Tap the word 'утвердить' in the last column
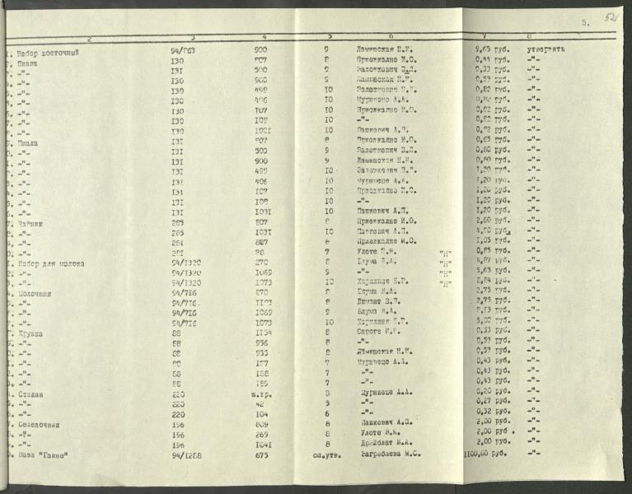coord(546,49)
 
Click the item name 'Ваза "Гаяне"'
coord(41,454)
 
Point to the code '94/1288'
coord(185,454)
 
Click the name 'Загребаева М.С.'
coord(392,453)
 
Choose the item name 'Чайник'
coord(30,222)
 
